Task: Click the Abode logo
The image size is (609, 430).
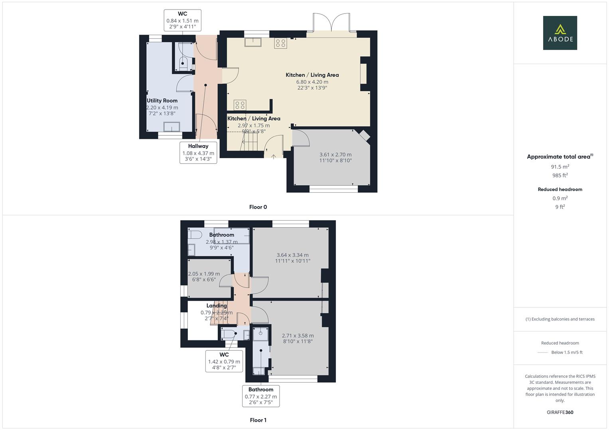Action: point(560,33)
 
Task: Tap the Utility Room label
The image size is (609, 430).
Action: point(162,100)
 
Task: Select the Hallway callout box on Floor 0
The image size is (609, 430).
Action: point(198,152)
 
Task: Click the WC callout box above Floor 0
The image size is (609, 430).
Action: point(182,20)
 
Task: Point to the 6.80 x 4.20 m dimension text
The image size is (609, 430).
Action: point(312,82)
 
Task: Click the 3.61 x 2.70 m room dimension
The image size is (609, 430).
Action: point(335,154)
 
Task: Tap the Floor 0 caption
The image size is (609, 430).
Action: point(258,207)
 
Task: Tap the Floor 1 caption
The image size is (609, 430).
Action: point(258,420)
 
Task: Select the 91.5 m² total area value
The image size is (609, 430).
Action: point(560,167)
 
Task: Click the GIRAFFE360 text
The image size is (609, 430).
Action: point(560,412)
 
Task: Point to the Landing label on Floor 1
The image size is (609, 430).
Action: point(217,306)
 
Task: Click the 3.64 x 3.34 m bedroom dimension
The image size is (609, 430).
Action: point(293,255)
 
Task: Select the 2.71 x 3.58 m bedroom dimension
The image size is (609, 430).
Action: point(298,336)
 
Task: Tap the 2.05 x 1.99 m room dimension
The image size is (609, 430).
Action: point(204,274)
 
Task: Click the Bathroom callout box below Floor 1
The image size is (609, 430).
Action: point(261,396)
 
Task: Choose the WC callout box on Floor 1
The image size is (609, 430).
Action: point(224,361)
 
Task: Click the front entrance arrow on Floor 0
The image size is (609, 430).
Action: point(274,156)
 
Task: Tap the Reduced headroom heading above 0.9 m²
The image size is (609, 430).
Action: point(560,190)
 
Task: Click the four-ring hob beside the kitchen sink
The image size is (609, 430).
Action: point(281,43)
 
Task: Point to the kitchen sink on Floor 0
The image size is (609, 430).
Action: point(253,42)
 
